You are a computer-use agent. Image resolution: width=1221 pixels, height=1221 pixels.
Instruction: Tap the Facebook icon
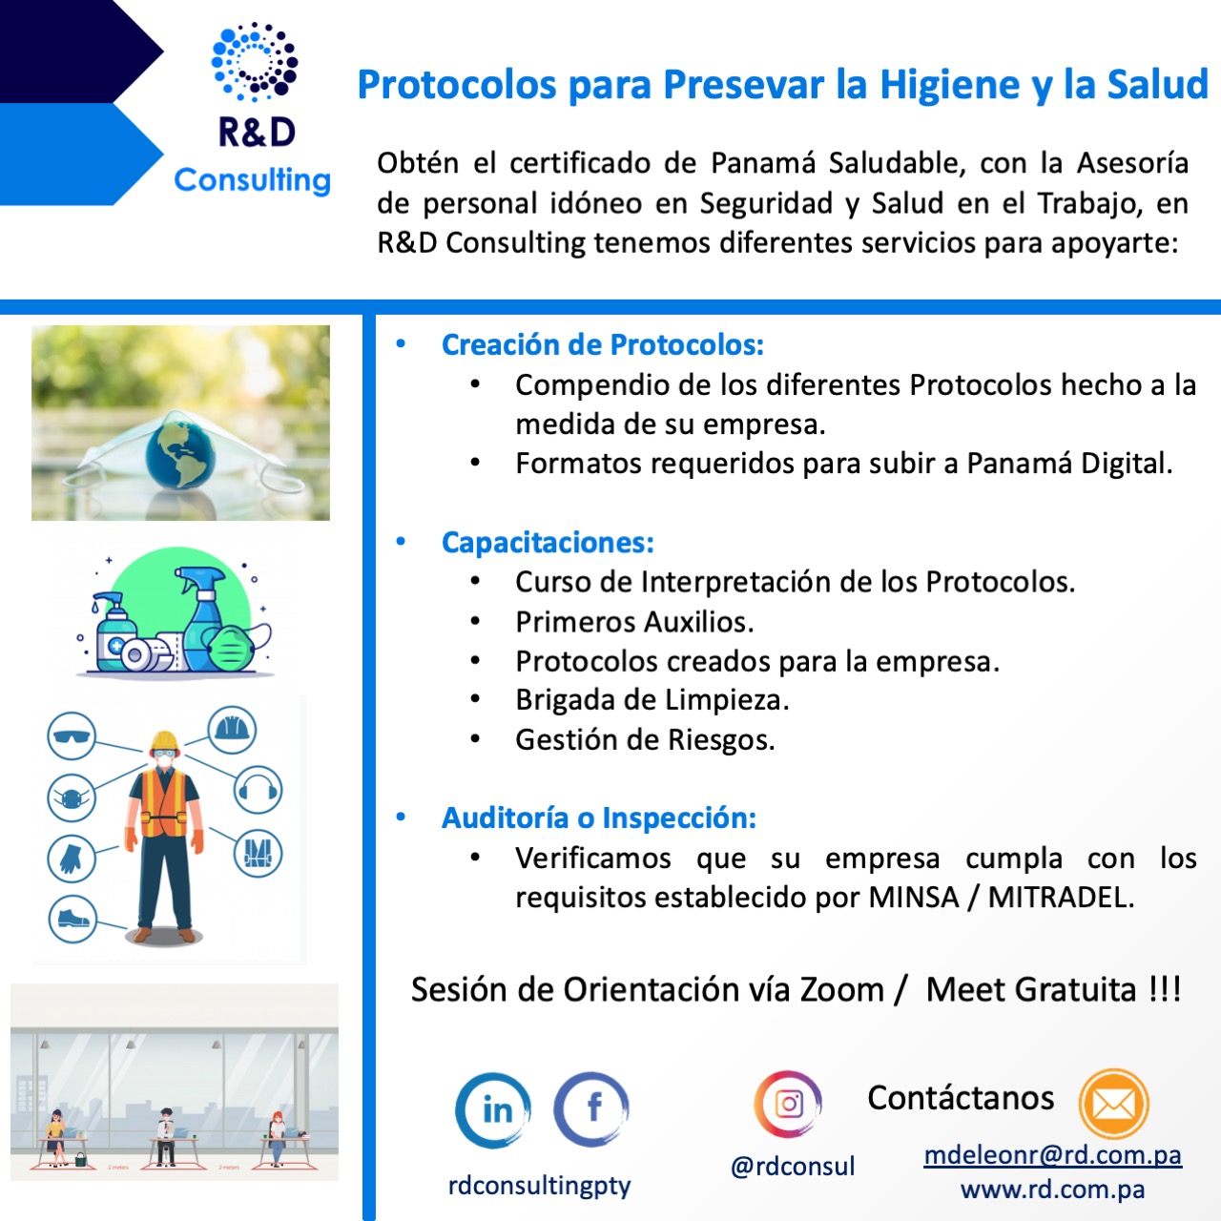pyautogui.click(x=591, y=1108)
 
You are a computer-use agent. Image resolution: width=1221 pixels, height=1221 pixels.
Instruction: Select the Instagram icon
pyautogui.click(x=788, y=1104)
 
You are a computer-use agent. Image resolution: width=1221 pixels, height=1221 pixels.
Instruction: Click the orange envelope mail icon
pyautogui.click(x=1113, y=1104)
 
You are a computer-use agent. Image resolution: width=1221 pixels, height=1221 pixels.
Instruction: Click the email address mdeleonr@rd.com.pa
pyautogui.click(x=1052, y=1155)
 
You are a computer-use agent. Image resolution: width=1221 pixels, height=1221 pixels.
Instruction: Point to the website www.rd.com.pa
pyautogui.click(x=1052, y=1190)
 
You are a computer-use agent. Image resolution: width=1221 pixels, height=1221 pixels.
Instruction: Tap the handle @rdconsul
pyautogui.click(x=793, y=1166)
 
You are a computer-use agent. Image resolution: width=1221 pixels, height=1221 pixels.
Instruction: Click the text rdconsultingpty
pyautogui.click(x=539, y=1186)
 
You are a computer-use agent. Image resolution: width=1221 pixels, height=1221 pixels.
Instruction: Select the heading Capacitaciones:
pyautogui.click(x=548, y=543)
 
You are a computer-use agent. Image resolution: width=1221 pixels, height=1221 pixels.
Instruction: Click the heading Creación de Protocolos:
pyautogui.click(x=603, y=344)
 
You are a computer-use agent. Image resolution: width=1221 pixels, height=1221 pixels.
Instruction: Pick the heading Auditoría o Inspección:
pyautogui.click(x=599, y=817)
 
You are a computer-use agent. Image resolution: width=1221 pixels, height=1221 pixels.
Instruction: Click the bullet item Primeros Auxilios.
pyautogui.click(x=634, y=622)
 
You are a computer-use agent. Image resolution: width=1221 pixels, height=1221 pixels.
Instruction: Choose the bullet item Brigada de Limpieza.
pyautogui.click(x=652, y=700)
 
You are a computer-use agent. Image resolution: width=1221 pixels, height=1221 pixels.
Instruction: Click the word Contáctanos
pyautogui.click(x=961, y=1098)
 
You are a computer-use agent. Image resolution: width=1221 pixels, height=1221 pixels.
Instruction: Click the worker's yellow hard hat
pyautogui.click(x=165, y=741)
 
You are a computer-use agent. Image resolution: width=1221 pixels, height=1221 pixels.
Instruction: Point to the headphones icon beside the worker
pyautogui.click(x=259, y=790)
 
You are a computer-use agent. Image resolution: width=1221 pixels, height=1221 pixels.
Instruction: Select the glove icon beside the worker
pyautogui.click(x=72, y=859)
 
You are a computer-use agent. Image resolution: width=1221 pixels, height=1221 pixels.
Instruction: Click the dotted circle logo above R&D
pyautogui.click(x=254, y=62)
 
